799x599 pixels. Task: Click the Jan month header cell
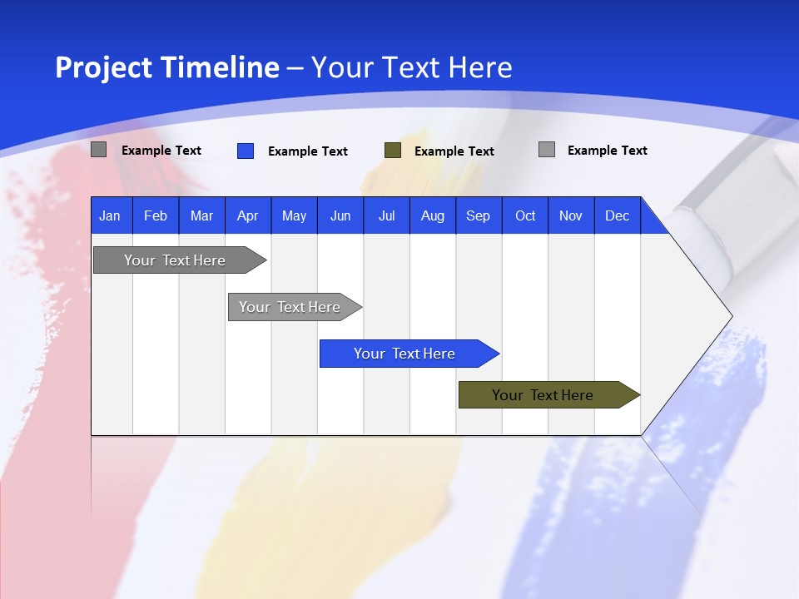[x=111, y=215]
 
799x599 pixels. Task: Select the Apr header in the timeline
[x=248, y=215]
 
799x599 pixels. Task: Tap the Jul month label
[x=386, y=215]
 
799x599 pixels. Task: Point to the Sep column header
[x=479, y=215]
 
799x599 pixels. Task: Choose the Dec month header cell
[x=617, y=215]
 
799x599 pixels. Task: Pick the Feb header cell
[x=156, y=215]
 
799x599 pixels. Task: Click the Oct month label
[x=525, y=215]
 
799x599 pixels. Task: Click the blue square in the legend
[x=246, y=151]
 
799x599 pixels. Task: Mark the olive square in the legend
[x=393, y=151]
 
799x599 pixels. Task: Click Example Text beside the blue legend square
[x=308, y=151]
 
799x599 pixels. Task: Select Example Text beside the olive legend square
[x=454, y=151]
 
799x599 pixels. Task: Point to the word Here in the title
[x=480, y=67]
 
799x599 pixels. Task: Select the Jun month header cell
[x=340, y=215]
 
